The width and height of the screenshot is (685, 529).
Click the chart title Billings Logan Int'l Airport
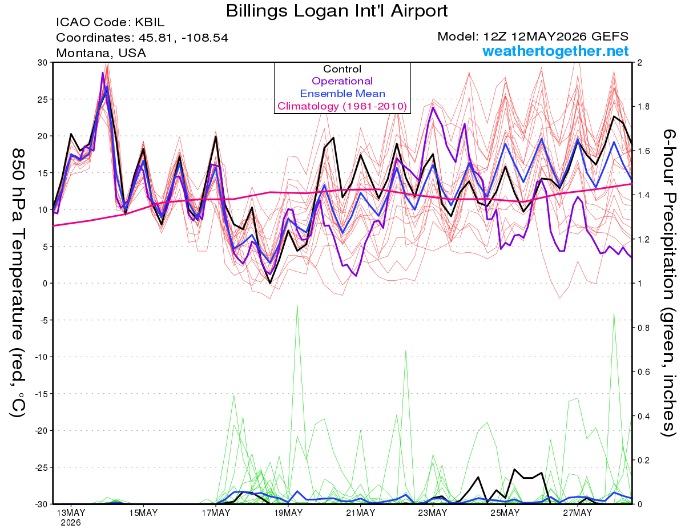[337, 11]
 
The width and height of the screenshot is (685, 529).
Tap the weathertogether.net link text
[555, 51]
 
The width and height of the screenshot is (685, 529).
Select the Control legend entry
[342, 69]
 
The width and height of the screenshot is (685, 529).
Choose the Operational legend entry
[342, 81]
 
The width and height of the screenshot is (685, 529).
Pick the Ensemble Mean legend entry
[342, 94]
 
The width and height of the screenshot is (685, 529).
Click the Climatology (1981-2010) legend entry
[342, 106]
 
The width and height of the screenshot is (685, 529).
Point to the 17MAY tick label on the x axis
[216, 513]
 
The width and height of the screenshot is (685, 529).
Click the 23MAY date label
[433, 513]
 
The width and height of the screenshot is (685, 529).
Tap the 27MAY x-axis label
[578, 513]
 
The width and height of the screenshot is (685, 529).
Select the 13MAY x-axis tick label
[71, 513]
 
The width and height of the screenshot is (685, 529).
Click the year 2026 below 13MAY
[71, 523]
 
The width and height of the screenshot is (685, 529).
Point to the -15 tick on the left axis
[41, 394]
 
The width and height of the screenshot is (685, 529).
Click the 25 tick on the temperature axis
[42, 99]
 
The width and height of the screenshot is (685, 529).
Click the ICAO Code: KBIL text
[110, 22]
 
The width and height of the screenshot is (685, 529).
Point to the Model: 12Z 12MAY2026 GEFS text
[533, 37]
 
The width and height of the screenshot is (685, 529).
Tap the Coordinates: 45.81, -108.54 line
[142, 38]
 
